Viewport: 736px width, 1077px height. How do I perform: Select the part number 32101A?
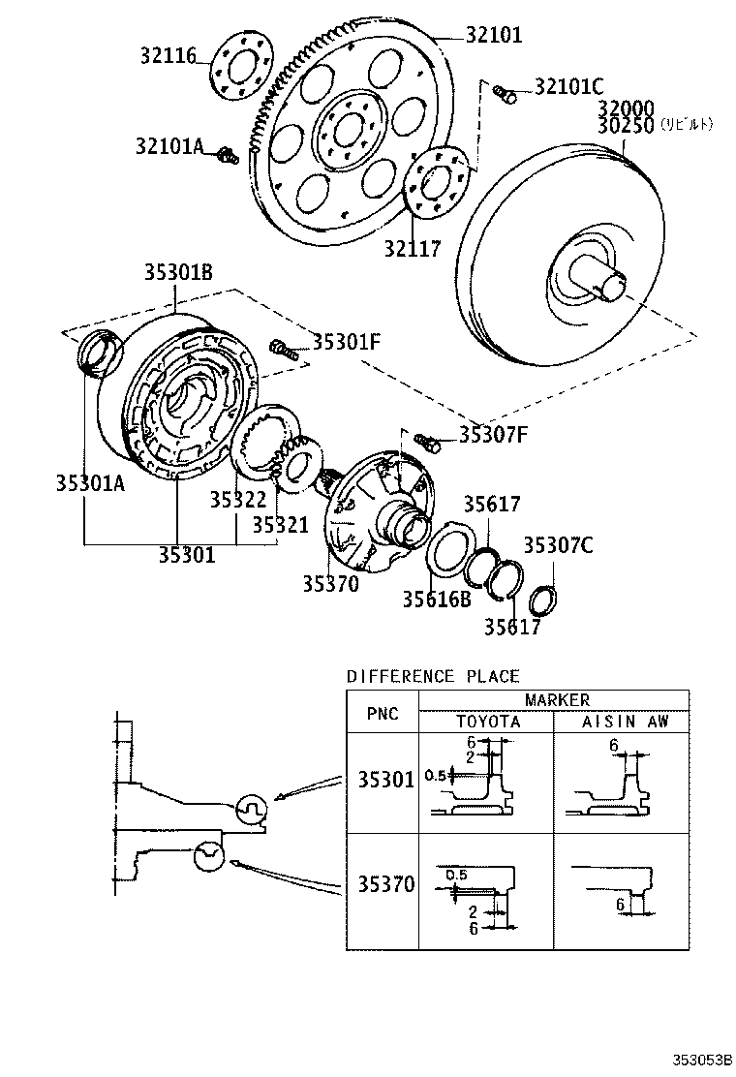pyautogui.click(x=169, y=146)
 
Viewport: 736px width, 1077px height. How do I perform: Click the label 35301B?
pyautogui.click(x=179, y=272)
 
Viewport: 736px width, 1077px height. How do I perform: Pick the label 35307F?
pyautogui.click(x=493, y=435)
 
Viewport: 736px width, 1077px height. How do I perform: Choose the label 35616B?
pyautogui.click(x=436, y=600)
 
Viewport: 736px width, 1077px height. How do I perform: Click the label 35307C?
pyautogui.click(x=558, y=545)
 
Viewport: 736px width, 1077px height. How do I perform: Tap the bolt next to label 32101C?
pyautogui.click(x=504, y=93)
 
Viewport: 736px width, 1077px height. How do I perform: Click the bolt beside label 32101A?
pyautogui.click(x=227, y=154)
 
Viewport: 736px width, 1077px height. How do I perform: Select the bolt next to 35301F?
pyautogui.click(x=280, y=346)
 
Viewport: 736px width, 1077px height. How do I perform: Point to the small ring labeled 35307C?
pyautogui.click(x=543, y=601)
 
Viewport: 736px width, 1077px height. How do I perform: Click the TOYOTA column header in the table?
pyautogui.click(x=488, y=722)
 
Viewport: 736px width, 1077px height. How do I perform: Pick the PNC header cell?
pyautogui.click(x=383, y=714)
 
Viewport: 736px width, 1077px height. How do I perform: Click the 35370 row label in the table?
pyautogui.click(x=385, y=883)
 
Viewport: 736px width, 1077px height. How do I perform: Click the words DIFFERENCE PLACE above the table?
pyautogui.click(x=433, y=676)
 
